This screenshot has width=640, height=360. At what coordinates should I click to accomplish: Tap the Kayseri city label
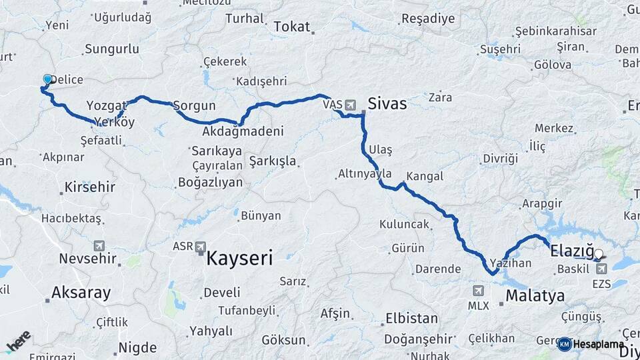(x=239, y=259)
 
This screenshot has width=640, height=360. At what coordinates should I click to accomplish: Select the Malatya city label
(x=535, y=295)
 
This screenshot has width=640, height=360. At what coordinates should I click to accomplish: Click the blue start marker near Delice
(x=47, y=80)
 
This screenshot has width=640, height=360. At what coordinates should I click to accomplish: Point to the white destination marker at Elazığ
(x=598, y=253)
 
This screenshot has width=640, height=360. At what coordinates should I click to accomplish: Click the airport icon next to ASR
(x=201, y=247)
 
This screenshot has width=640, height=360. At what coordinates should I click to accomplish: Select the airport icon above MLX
(x=478, y=291)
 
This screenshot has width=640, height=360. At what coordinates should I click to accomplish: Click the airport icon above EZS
(x=601, y=268)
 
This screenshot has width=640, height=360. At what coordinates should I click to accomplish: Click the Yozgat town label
(x=105, y=105)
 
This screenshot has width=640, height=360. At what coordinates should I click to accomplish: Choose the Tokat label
(x=292, y=27)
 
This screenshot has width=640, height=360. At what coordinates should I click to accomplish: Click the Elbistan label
(x=407, y=318)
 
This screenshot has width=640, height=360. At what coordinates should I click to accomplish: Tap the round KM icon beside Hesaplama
(x=564, y=344)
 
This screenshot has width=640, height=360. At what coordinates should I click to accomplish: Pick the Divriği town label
(x=500, y=158)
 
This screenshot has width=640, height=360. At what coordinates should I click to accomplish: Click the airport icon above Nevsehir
(x=100, y=245)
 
